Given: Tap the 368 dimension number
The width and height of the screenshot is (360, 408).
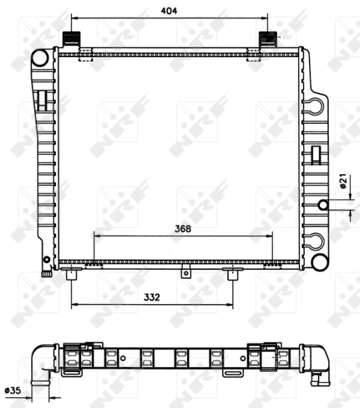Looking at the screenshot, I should [x=182, y=228].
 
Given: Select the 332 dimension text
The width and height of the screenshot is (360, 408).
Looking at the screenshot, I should [x=152, y=296].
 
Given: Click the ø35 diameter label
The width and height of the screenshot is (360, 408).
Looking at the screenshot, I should [x=13, y=390].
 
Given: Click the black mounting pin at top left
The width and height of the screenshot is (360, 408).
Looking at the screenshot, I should [x=71, y=39].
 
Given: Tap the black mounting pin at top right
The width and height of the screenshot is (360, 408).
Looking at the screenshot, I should [x=267, y=39].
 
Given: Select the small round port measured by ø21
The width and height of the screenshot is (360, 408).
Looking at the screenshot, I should [x=323, y=205].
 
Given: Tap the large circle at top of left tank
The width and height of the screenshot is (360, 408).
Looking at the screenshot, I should [x=39, y=58].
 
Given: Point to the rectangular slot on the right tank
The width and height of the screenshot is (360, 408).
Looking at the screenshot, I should [x=315, y=154].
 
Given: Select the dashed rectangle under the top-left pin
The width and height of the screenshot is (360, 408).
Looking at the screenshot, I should [x=85, y=55].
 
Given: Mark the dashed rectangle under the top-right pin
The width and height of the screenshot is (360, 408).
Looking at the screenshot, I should [x=254, y=55].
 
